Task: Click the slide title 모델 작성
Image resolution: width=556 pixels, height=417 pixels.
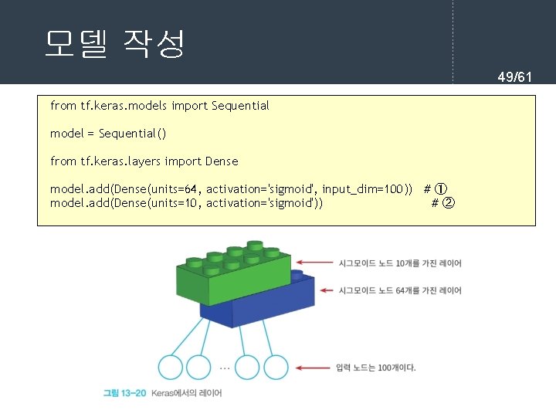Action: [114, 44]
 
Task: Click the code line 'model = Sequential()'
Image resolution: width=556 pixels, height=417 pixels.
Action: [108, 134]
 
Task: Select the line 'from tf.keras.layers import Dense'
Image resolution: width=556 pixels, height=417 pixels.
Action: [144, 161]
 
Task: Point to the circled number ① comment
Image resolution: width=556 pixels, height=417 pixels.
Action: [440, 189]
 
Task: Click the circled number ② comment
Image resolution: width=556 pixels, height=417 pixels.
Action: [448, 203]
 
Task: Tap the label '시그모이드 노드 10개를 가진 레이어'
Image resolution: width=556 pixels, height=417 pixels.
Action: [400, 263]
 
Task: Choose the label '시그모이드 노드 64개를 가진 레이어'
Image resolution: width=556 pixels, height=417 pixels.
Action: [400, 290]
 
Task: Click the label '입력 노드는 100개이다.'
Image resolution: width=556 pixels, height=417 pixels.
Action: [376, 368]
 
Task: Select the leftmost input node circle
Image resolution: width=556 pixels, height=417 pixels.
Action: [170, 368]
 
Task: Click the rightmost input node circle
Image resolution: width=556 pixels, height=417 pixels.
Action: [276, 368]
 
